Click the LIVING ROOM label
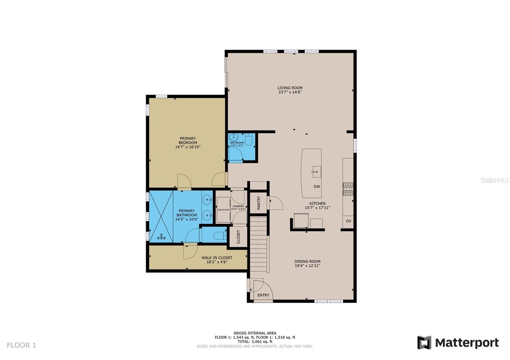pos(290,88)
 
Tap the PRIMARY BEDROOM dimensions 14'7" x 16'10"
pos(187,147)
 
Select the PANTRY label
pos(259,203)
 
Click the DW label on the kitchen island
pos(317,187)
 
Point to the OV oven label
pos(348,221)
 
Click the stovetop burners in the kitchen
pos(348,189)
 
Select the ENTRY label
pos(263,295)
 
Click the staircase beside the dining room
pos(259,244)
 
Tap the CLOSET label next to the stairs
pos(238,237)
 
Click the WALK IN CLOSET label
pos(217,258)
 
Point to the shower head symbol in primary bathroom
pos(161,236)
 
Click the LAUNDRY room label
pos(238,206)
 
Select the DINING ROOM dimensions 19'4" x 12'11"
pos(307,265)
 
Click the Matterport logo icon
pos(424,342)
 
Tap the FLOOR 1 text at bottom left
pos(22,345)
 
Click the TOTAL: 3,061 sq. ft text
pos(255,342)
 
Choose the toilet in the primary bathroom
pos(220,236)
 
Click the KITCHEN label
pos(317,203)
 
